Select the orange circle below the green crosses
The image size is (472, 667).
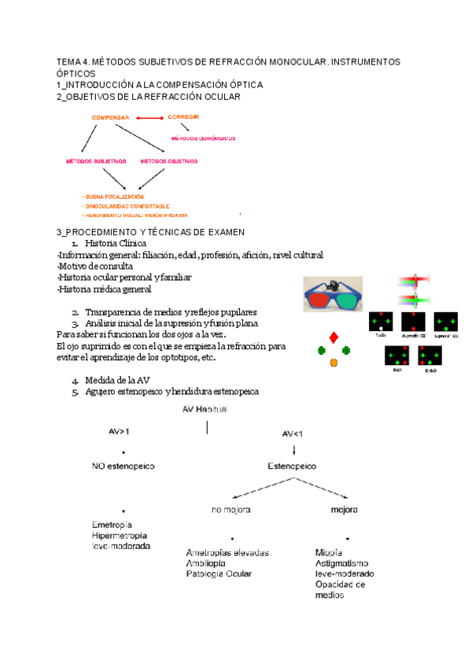tap(334, 362)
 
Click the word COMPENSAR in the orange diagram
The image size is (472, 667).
tap(110, 117)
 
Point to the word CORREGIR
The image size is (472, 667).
tap(183, 116)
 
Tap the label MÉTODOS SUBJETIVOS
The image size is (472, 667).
tap(95, 161)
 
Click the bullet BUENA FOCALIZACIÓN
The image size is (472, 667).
tap(113, 196)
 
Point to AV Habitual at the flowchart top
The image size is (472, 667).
tap(207, 409)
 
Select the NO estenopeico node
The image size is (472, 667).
tap(124, 466)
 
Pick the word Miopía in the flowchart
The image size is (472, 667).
tap(328, 552)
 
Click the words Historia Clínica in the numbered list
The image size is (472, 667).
tap(116, 244)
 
